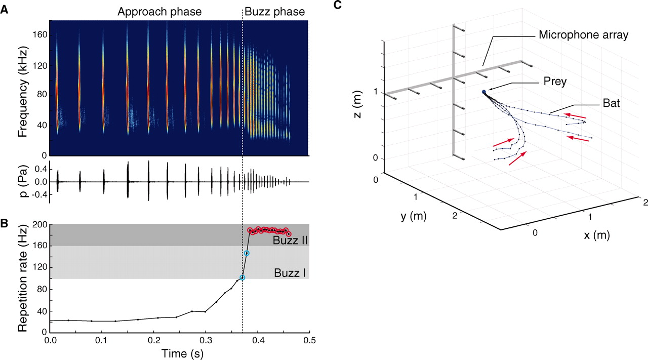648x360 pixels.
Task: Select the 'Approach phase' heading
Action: (159, 11)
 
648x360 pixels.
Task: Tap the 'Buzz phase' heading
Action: (274, 11)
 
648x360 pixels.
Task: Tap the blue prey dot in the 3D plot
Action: (484, 92)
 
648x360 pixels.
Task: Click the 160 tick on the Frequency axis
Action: (38, 34)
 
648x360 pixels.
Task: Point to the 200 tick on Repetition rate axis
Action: (38, 224)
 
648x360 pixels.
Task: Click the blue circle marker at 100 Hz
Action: (242, 277)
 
